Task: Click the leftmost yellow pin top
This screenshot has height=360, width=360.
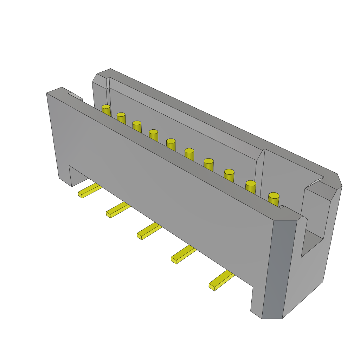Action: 106,107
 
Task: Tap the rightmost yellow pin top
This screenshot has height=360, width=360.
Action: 274,195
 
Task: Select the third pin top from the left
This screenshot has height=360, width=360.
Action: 137,123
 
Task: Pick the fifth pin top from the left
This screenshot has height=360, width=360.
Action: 171,141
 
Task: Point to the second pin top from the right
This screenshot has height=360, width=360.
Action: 251,183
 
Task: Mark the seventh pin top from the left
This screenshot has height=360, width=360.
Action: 208,161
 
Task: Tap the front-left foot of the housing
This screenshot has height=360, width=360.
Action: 65,178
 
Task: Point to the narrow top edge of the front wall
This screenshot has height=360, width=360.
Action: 169,151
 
